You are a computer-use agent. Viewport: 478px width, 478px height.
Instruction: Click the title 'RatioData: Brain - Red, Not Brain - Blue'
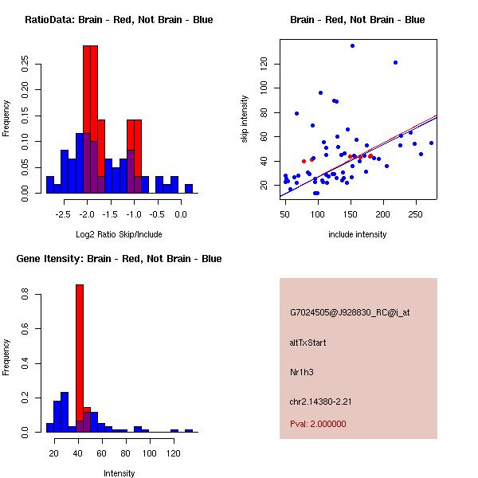pyautogui.click(x=119, y=20)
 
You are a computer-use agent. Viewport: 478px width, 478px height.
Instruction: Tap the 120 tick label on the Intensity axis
pyautogui.click(x=174, y=453)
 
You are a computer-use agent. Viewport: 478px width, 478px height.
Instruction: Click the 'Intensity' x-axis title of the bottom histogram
pyautogui.click(x=119, y=473)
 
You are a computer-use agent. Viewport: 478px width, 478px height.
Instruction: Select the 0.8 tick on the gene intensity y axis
pyautogui.click(x=26, y=295)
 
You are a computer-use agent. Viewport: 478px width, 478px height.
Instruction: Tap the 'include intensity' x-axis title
pyautogui.click(x=358, y=234)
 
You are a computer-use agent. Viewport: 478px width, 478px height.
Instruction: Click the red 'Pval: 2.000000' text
pyautogui.click(x=318, y=424)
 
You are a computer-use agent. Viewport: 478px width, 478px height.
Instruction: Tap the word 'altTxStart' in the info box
pyautogui.click(x=308, y=343)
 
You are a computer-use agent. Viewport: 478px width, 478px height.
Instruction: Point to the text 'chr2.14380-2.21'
pyautogui.click(x=320, y=401)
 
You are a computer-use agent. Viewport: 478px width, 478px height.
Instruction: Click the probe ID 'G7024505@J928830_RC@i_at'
pyautogui.click(x=350, y=313)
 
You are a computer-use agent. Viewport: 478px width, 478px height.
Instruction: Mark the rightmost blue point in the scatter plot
pyautogui.click(x=431, y=143)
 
